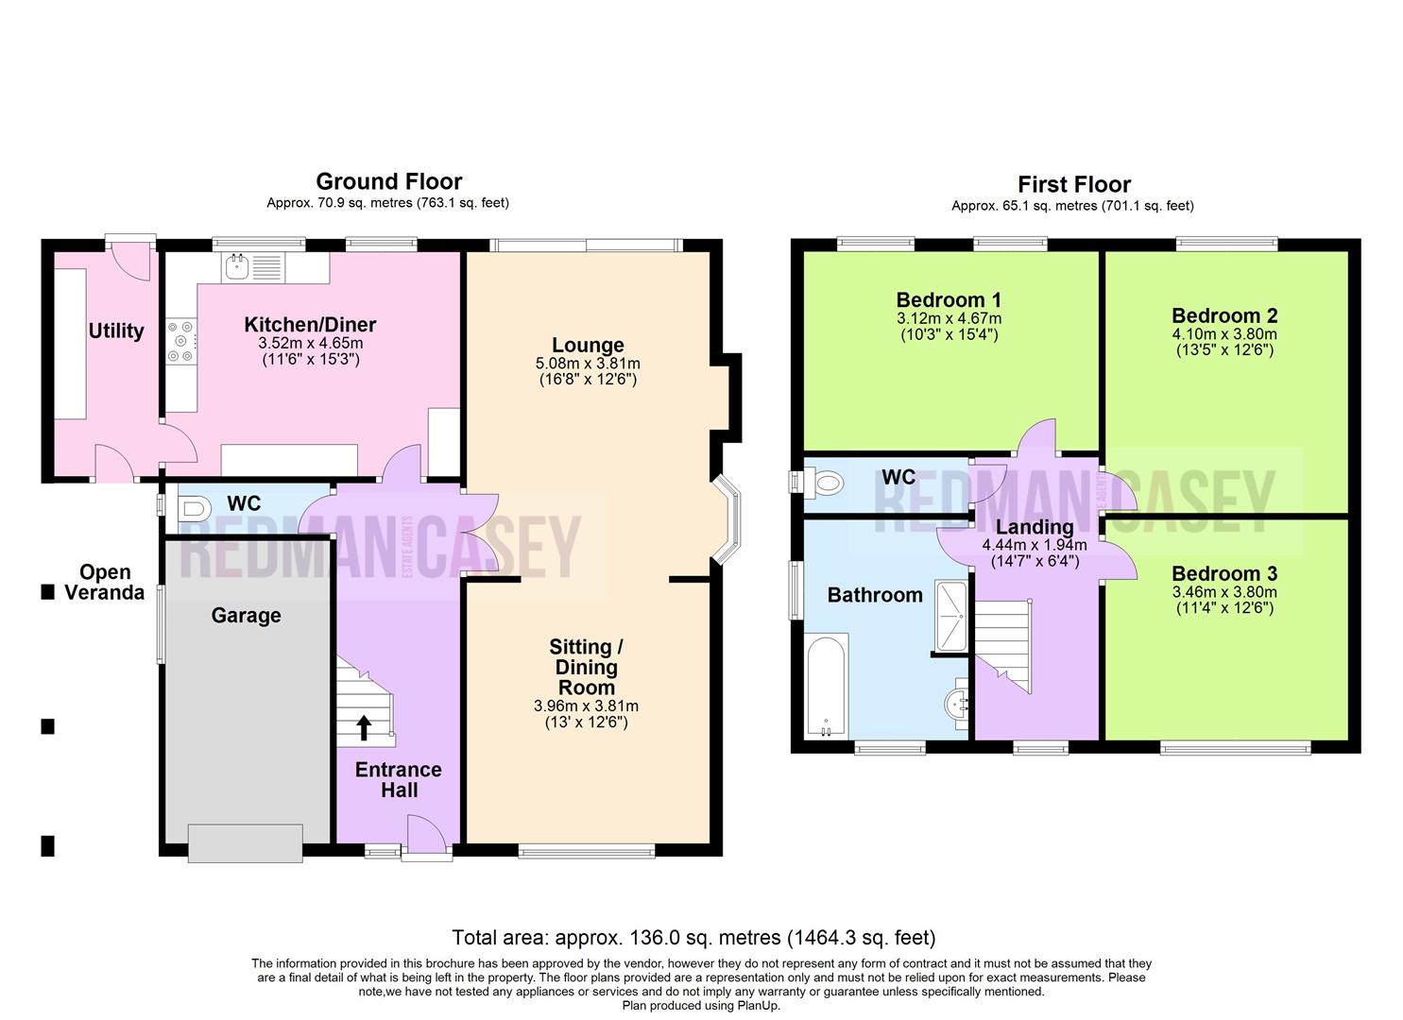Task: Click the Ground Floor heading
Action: point(388,181)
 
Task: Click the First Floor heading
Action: point(1073,184)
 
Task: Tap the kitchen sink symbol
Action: point(236,267)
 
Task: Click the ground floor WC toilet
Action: point(193,510)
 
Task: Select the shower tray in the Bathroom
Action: point(950,616)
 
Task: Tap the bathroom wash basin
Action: point(958,704)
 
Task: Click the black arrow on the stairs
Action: point(363,727)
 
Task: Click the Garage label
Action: point(246,616)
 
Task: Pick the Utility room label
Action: point(116,331)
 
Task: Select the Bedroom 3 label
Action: point(1224,573)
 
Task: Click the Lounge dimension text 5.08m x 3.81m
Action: point(588,364)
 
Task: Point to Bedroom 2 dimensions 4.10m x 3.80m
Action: point(1224,334)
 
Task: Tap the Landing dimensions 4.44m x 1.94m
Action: point(1035,545)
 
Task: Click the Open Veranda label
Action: point(105,583)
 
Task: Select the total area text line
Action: point(693,938)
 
